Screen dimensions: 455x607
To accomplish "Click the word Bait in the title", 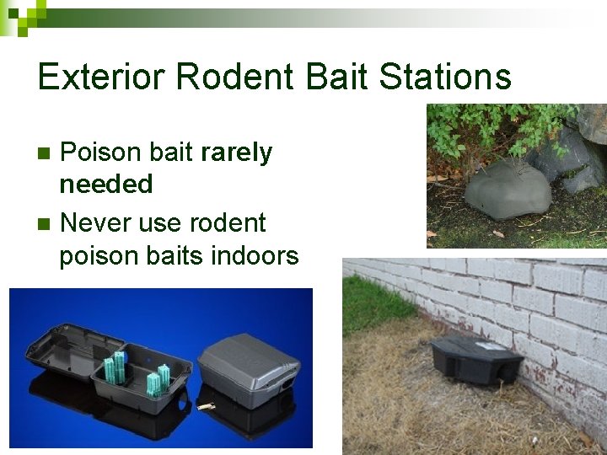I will pos(335,78).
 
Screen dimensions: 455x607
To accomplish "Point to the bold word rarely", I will pos(237,153).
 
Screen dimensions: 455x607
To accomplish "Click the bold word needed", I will pos(105,184).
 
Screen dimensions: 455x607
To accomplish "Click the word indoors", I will pos(258,255).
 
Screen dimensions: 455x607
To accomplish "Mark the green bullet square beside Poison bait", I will pos(45,153).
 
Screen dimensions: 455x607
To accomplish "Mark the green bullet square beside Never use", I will pos(45,224).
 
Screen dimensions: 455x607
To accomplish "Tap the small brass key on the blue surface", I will pos(206,406).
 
